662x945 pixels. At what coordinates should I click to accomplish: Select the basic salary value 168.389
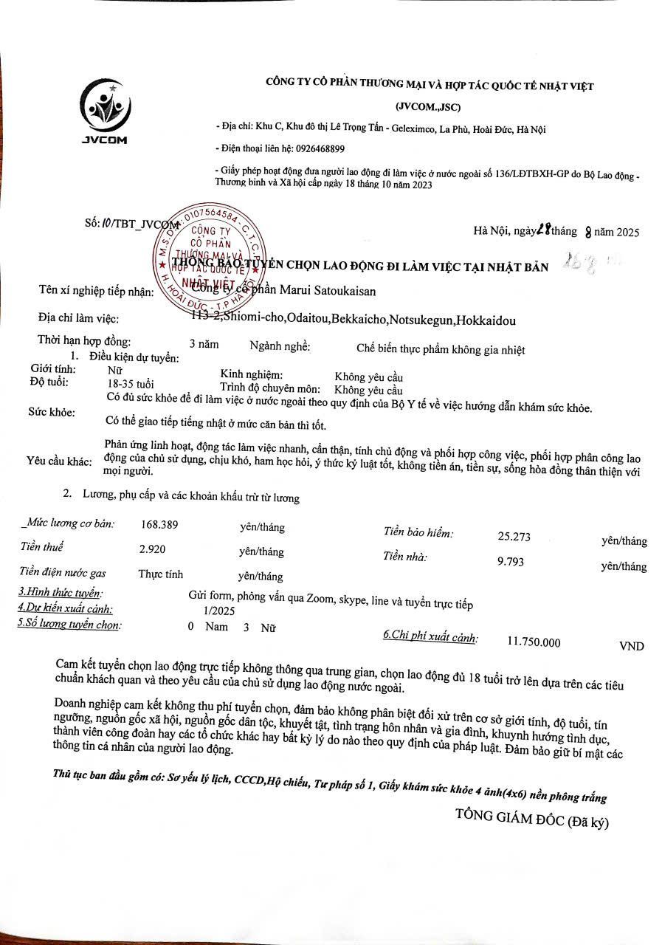click(x=159, y=525)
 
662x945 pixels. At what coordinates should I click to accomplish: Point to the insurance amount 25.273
click(x=514, y=537)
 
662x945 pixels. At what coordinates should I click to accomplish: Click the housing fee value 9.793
click(x=511, y=561)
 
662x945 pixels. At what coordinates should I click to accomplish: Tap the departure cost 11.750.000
click(x=534, y=642)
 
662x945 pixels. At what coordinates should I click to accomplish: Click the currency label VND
click(x=631, y=646)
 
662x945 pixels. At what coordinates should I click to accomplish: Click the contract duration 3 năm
click(x=204, y=343)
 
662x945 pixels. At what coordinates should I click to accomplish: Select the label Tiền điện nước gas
click(x=63, y=572)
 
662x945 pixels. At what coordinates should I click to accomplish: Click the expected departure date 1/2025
click(x=218, y=611)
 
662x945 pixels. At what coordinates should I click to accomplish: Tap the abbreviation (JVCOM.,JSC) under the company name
click(x=428, y=108)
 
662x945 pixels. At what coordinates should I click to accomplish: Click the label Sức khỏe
click(x=52, y=411)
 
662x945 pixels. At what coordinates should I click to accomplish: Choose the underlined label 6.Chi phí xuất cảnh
click(x=430, y=636)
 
